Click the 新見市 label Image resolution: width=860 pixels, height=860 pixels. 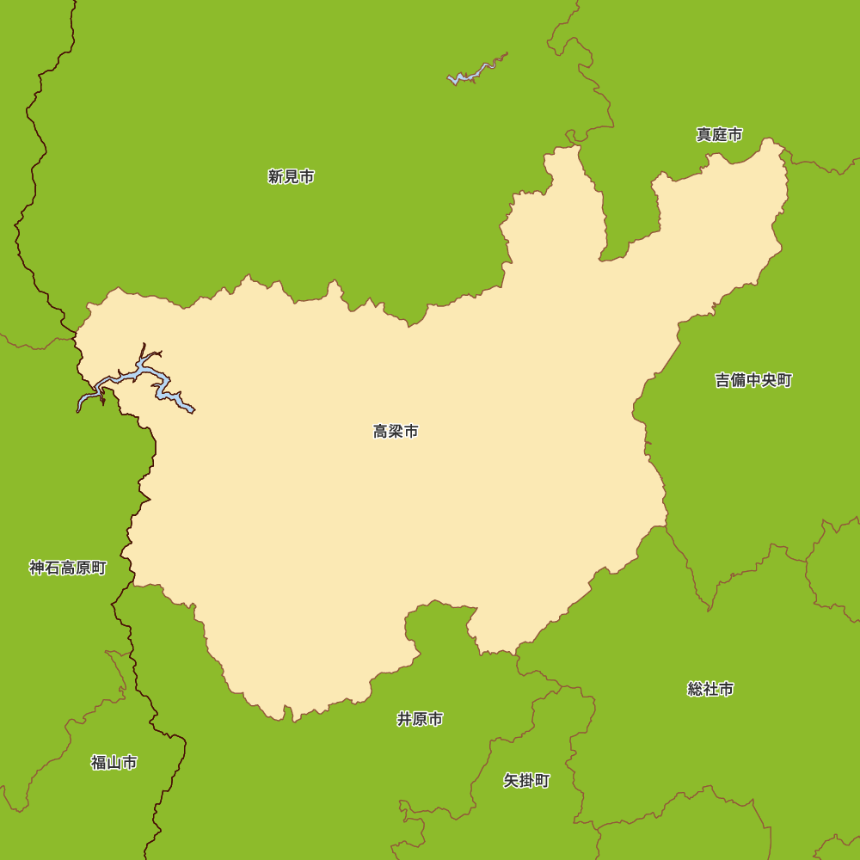pos(291,177)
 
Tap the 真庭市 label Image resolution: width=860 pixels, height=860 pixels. pos(719,135)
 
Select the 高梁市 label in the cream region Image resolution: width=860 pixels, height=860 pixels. pos(396,432)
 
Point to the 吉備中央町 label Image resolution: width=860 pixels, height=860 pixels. pos(753,380)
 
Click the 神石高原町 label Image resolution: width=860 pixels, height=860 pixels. pos(68,568)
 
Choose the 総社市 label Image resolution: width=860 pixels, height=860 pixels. pos(710,689)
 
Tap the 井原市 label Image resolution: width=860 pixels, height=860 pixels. pos(420,719)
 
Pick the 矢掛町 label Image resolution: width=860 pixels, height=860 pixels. pos(526,781)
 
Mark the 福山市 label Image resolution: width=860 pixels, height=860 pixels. pos(114,763)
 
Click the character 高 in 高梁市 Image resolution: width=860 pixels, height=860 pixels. pos(381,432)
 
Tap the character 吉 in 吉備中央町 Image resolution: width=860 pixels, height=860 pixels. pos(723,380)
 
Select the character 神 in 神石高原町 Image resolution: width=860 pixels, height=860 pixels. pos(38,568)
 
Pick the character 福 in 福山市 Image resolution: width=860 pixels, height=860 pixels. pos(99,763)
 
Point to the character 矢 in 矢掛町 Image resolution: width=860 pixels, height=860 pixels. pos(511,781)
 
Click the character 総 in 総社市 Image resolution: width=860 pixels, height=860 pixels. pos(696,689)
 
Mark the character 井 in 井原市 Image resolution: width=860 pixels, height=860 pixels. pos(404,719)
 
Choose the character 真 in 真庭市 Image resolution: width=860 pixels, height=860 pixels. pos(704,135)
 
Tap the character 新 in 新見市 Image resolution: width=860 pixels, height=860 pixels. pos(275,177)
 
